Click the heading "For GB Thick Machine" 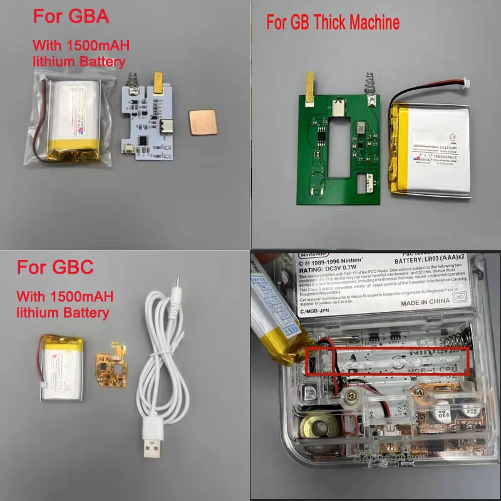pos(333,24)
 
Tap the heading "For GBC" pos(55,267)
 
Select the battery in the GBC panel pos(61,366)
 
